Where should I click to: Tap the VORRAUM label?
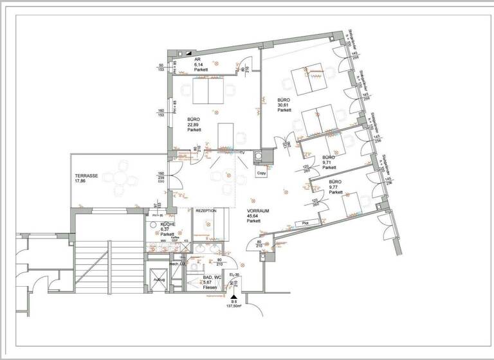click(x=257, y=211)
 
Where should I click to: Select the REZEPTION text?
click(x=206, y=211)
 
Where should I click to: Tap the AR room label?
click(x=197, y=59)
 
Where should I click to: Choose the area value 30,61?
click(x=284, y=105)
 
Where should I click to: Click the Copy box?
click(x=261, y=173)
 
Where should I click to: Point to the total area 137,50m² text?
click(x=233, y=306)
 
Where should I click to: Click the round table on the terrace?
click(x=120, y=179)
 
